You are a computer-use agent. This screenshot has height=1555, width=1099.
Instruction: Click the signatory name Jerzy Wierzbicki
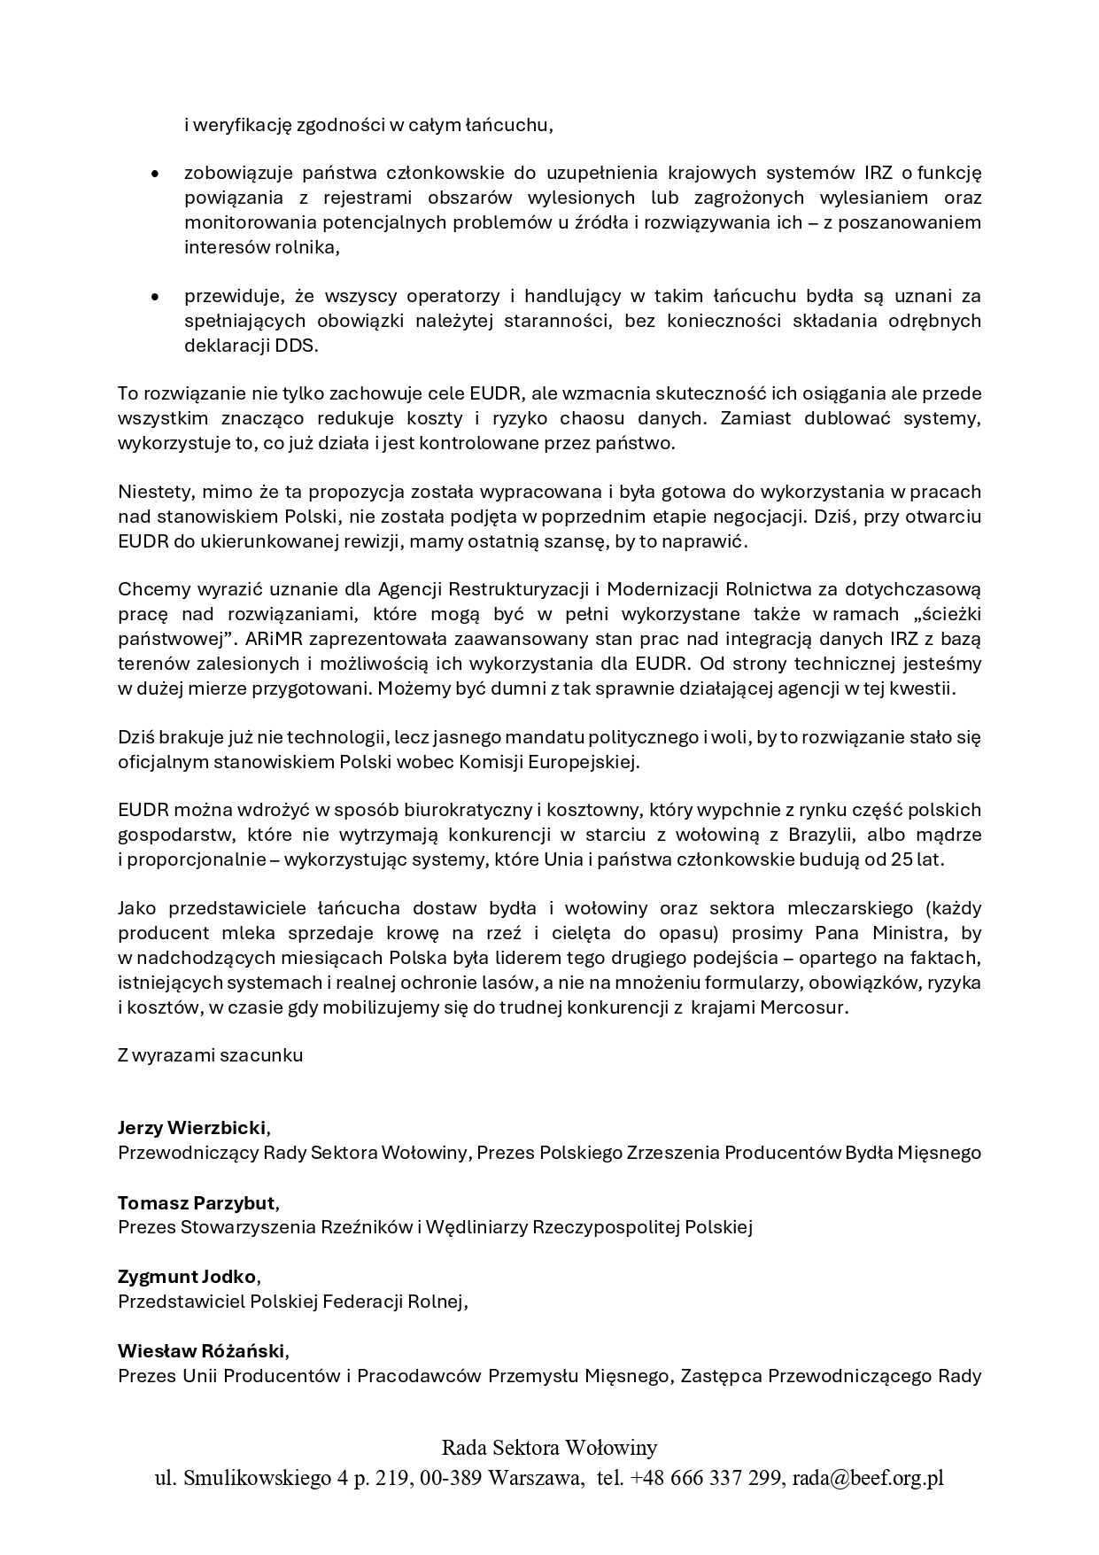tap(191, 1128)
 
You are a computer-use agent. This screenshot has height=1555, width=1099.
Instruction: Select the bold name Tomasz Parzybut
tap(197, 1202)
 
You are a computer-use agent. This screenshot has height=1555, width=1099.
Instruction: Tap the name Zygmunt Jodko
tap(187, 1277)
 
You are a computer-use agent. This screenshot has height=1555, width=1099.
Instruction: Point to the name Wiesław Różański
tap(202, 1351)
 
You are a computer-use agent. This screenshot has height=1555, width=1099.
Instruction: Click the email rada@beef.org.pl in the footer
tap(868, 1478)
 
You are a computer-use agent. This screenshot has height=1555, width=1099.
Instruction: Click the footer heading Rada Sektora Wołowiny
tap(549, 1448)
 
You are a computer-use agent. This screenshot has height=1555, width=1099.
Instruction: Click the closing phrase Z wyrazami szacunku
tap(210, 1055)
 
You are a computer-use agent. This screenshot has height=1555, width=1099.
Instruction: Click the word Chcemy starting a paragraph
tap(148, 589)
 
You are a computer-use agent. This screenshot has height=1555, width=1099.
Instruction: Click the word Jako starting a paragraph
tap(136, 908)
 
